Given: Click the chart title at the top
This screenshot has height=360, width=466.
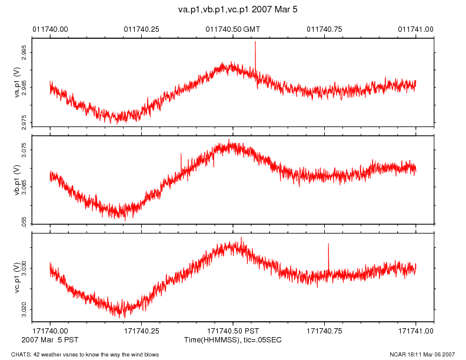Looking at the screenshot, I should click(x=233, y=10).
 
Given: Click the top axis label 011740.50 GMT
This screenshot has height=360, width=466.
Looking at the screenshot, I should click(x=232, y=29).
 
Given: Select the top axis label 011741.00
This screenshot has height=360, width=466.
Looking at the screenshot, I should click(x=416, y=29).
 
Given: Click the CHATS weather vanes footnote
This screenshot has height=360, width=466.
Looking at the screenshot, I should click(x=80, y=354).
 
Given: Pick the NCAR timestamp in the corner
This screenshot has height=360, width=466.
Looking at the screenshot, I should click(x=422, y=354).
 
